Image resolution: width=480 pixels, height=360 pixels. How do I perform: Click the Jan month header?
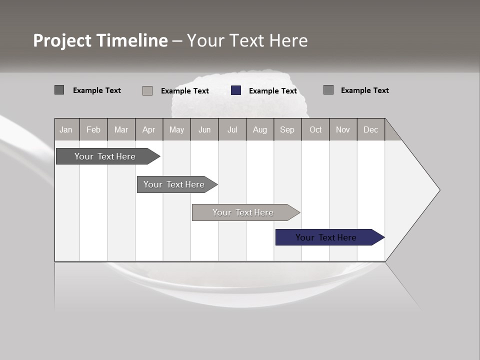[x=66, y=129]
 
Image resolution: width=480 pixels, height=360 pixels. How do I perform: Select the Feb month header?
[x=93, y=129]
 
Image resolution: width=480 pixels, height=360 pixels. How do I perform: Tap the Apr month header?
[x=148, y=129]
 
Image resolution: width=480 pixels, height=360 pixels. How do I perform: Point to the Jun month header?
[x=204, y=129]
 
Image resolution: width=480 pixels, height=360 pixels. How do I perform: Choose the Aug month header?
[x=259, y=129]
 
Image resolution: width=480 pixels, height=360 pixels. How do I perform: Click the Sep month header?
[x=287, y=129]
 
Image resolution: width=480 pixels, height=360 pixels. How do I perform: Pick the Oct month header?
[x=315, y=129]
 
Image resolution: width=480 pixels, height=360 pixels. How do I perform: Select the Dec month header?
[x=370, y=129]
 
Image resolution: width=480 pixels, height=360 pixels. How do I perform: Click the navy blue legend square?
[x=236, y=90]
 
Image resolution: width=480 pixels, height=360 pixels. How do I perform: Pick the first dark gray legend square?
[x=59, y=90]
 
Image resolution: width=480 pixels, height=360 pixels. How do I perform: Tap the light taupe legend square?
[x=147, y=90]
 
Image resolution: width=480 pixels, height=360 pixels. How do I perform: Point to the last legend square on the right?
[x=328, y=90]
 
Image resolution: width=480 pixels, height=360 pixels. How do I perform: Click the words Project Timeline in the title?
[x=100, y=40]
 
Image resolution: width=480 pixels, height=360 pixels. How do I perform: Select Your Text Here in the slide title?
[x=247, y=40]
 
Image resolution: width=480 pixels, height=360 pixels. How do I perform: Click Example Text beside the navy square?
[x=273, y=91]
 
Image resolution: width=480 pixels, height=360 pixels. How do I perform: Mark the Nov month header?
[x=343, y=129]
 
